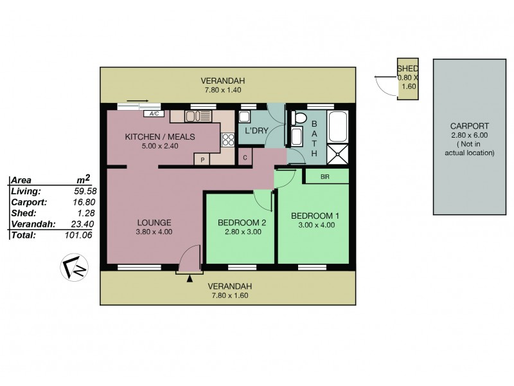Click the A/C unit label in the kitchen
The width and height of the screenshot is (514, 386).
tap(154, 114)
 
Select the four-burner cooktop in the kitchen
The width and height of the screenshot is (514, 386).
tap(227, 138)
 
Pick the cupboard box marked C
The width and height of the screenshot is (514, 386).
tap(244, 156)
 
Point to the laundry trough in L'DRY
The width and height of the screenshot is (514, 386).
tap(245, 116)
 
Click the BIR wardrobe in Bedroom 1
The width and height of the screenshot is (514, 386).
tap(326, 175)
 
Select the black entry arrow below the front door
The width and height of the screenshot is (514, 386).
tap(189, 278)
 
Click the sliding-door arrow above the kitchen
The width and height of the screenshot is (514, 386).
tap(137, 100)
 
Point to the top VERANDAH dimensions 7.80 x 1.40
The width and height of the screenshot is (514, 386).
tap(222, 90)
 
